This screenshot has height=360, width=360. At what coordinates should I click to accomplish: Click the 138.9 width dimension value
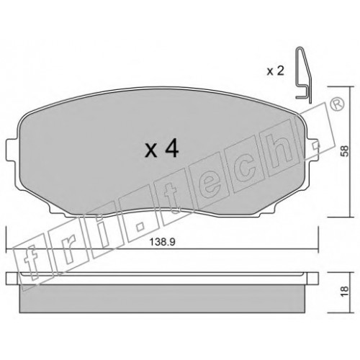[162, 242]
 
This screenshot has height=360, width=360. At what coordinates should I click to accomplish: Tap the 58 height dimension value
[345, 151]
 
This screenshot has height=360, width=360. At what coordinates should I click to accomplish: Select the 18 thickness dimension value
[345, 292]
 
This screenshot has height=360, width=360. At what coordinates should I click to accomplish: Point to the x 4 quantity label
[162, 148]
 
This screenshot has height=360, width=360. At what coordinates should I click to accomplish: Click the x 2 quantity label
[276, 71]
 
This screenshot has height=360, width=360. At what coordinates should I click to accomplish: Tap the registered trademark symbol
[337, 104]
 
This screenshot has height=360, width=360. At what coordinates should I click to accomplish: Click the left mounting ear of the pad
[12, 150]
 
